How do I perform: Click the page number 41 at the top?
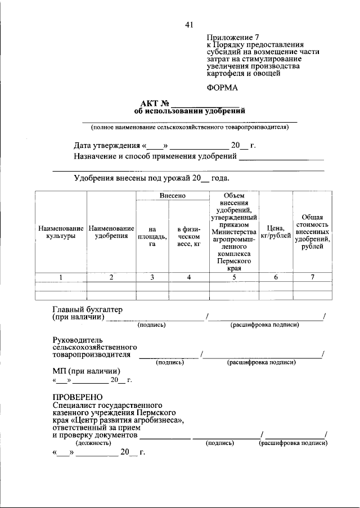click(189, 24)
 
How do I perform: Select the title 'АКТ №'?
click(155, 104)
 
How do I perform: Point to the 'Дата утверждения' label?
click(107, 146)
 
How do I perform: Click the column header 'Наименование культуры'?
click(61, 233)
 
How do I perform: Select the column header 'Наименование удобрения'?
click(111, 233)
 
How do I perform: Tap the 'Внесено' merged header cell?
click(172, 196)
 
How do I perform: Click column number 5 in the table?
click(234, 277)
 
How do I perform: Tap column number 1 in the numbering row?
click(61, 277)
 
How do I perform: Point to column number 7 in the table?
click(312, 277)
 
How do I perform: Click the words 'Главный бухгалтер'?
click(87, 310)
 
